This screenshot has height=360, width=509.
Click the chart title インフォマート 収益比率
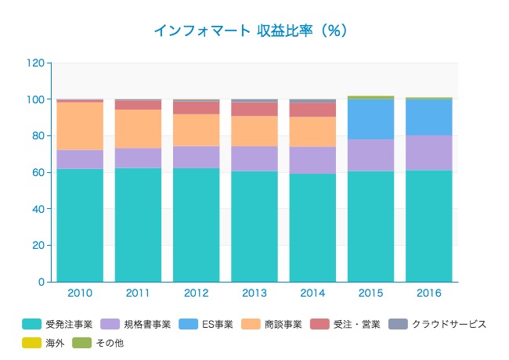click(250, 31)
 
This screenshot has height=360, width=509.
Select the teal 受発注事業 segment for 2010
click(80, 225)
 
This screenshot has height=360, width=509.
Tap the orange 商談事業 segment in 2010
click(80, 126)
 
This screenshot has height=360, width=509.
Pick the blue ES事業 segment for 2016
click(428, 117)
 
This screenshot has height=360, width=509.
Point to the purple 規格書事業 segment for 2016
click(428, 153)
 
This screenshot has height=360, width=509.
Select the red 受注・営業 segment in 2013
click(254, 109)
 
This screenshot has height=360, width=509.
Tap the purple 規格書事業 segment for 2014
click(312, 160)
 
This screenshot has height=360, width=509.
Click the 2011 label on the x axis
click(138, 293)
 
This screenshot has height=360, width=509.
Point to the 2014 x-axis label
click(312, 293)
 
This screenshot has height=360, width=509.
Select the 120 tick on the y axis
click(36, 63)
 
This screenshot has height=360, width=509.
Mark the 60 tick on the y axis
click(38, 172)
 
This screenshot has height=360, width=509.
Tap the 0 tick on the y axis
click(42, 282)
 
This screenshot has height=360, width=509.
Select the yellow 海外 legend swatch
click(31, 343)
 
